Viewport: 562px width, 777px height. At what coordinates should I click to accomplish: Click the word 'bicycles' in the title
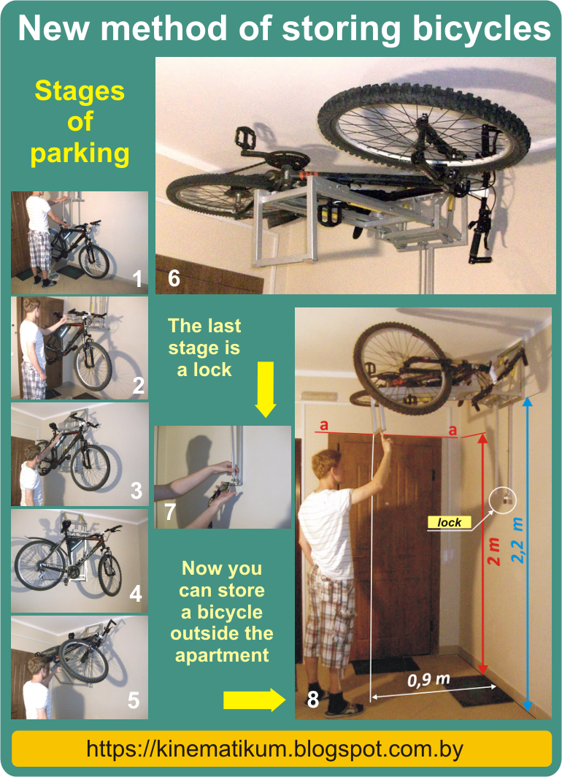(482, 28)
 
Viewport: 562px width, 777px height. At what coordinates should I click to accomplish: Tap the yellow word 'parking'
(80, 154)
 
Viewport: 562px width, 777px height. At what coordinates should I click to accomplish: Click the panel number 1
(138, 280)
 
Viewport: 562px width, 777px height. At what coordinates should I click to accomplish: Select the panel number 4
(136, 594)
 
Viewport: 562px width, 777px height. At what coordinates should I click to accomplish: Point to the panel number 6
(174, 278)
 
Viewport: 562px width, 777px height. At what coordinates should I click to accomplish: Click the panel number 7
(170, 512)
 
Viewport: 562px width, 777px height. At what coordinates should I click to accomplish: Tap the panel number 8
(313, 699)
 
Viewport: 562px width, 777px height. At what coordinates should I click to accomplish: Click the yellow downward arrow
(266, 389)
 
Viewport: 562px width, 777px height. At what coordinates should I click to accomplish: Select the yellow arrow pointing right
(255, 700)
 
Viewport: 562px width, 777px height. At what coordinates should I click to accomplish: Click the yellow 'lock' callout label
(449, 522)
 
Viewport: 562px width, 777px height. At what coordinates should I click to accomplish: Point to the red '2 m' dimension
(493, 552)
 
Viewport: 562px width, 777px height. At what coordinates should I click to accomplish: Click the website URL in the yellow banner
(275, 749)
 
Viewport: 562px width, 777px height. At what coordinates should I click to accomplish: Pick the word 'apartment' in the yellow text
(222, 656)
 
